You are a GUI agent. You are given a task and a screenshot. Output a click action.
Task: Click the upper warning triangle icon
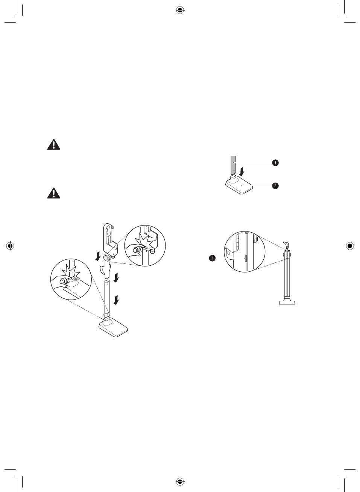pos(54,145)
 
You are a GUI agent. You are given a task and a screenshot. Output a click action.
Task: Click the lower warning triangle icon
pos(54,193)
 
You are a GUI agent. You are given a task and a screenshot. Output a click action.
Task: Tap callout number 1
pos(275,163)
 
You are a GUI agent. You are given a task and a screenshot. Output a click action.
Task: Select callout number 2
pos(275,186)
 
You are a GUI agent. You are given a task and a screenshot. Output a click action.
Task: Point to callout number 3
pos(212,258)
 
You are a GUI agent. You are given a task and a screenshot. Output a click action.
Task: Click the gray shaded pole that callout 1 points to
pos(233,165)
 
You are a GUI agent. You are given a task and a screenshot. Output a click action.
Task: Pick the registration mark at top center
pos(180,10)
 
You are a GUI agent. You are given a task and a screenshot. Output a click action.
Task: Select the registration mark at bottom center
pos(180,481)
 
